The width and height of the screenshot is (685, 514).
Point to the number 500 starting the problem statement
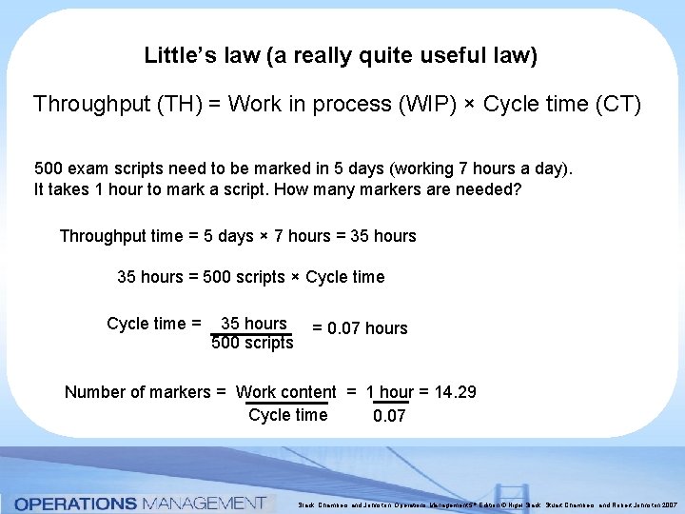[49, 168]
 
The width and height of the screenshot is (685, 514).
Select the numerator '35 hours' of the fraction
[253, 324]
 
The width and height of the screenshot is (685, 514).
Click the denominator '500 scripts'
[252, 343]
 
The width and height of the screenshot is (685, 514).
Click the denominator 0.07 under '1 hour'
[389, 416]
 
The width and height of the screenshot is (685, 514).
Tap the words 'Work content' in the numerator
[285, 392]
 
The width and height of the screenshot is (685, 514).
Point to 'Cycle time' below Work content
[287, 415]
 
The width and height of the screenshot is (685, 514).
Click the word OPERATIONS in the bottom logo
[76, 503]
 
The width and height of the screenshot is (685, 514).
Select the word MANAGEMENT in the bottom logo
[203, 503]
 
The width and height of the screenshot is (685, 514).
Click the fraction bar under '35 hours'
[252, 334]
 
